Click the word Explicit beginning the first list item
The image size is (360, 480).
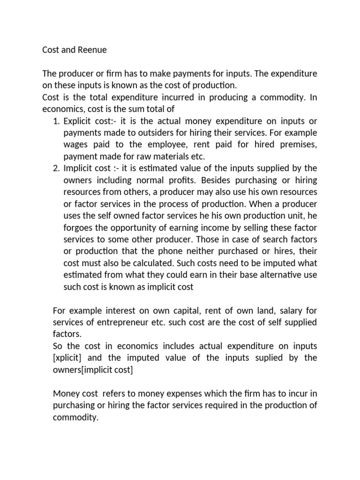[78, 121]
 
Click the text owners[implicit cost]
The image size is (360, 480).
[93, 370]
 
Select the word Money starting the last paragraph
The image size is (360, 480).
[66, 393]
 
